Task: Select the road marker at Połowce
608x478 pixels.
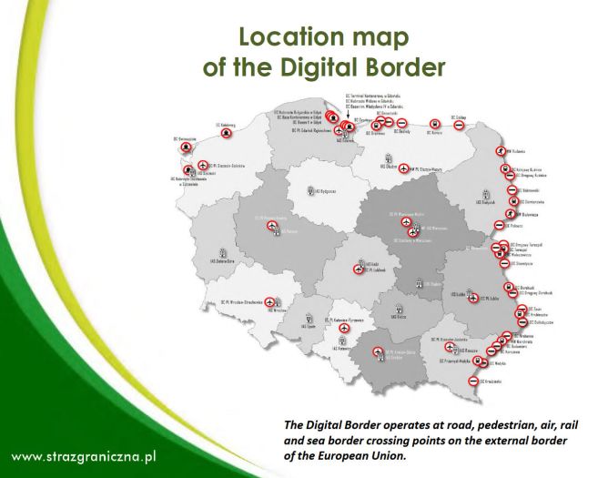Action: (499, 225)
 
